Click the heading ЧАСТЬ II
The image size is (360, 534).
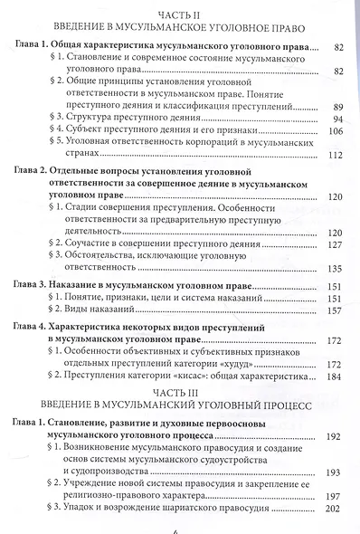pyautogui.click(x=181, y=15)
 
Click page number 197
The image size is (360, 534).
pyautogui.click(x=336, y=497)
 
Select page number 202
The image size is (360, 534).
pyautogui.click(x=336, y=510)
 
